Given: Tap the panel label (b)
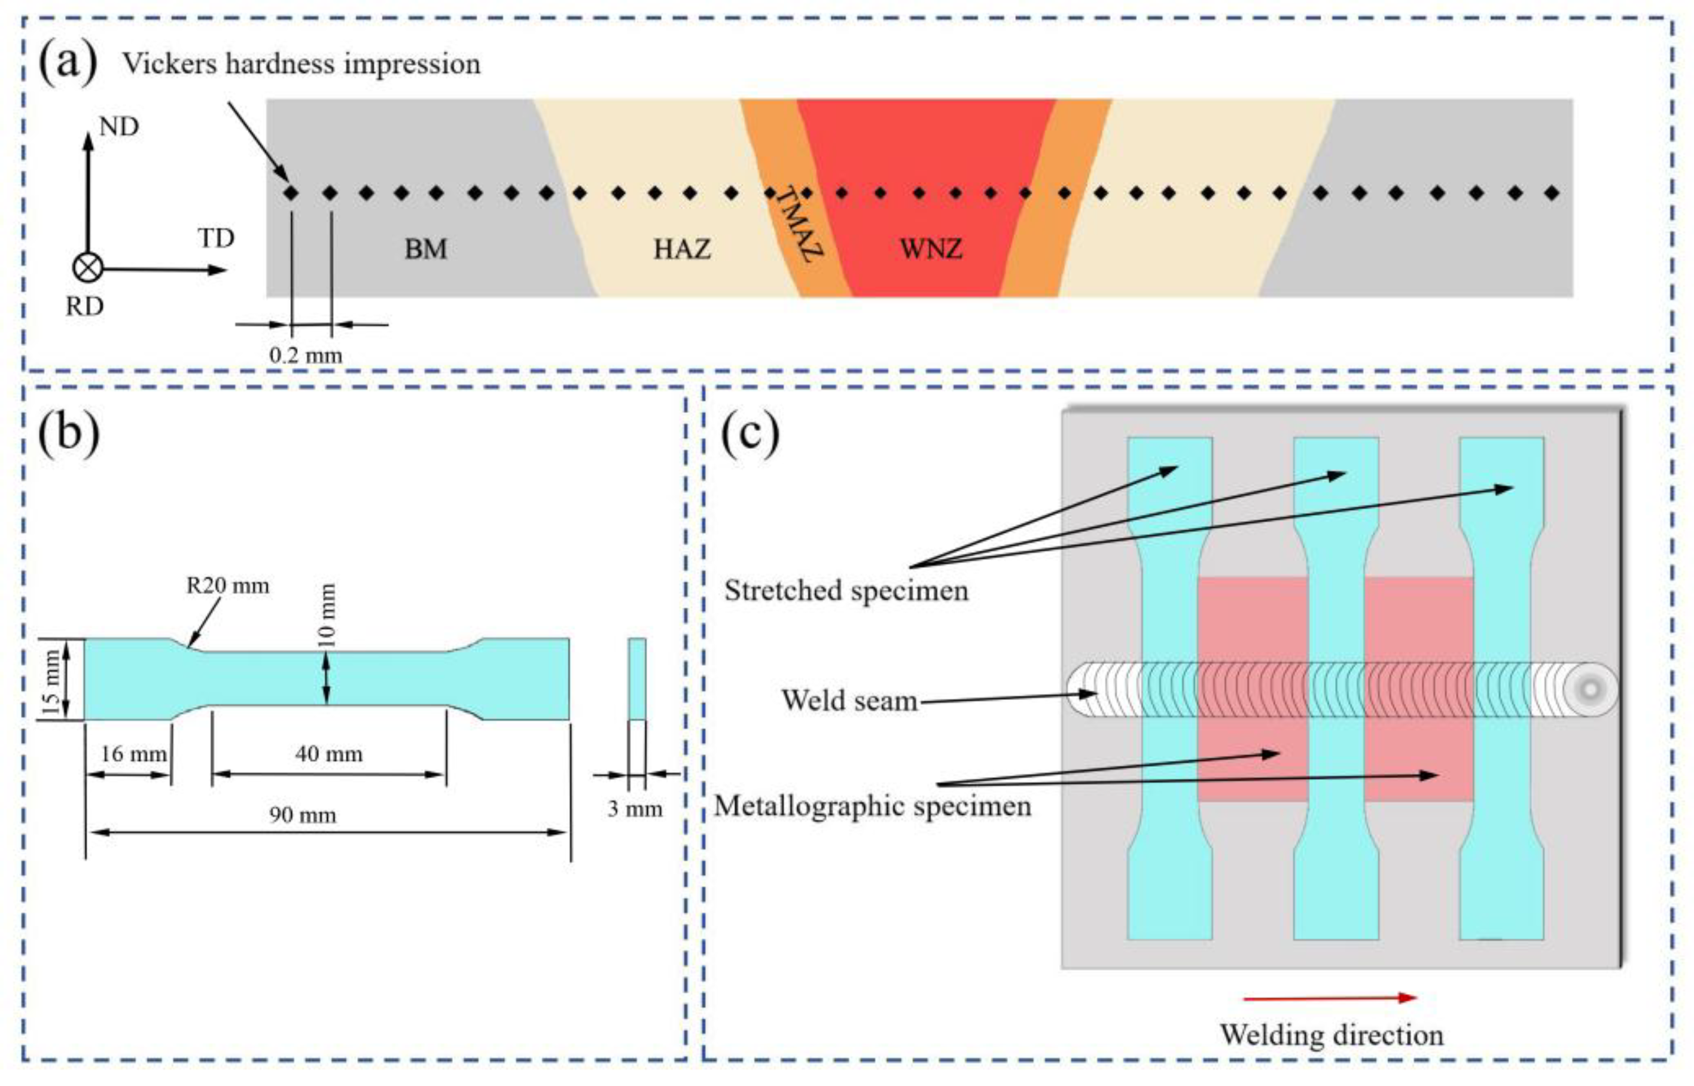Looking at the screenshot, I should [x=68, y=432].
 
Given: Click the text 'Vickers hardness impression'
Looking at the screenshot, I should [x=301, y=64].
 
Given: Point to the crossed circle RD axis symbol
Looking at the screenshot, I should [x=88, y=268].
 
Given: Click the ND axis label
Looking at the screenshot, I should [x=118, y=127].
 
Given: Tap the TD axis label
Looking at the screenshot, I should [x=215, y=238].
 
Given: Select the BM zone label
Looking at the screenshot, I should [x=425, y=249].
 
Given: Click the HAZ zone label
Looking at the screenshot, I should [x=681, y=249].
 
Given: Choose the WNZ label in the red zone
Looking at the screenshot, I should [x=931, y=249].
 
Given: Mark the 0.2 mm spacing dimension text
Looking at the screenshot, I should [x=306, y=354].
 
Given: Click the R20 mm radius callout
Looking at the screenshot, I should [x=227, y=585].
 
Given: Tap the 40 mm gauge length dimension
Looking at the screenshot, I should [x=329, y=754].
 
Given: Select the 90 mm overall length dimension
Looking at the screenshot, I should [x=302, y=815].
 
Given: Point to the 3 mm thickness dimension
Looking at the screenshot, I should [x=635, y=808].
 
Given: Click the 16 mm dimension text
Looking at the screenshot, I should [x=133, y=754].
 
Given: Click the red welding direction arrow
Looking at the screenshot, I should [x=1329, y=998].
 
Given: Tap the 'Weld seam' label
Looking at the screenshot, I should [x=849, y=700].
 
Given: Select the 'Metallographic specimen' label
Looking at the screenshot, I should [x=872, y=805].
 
